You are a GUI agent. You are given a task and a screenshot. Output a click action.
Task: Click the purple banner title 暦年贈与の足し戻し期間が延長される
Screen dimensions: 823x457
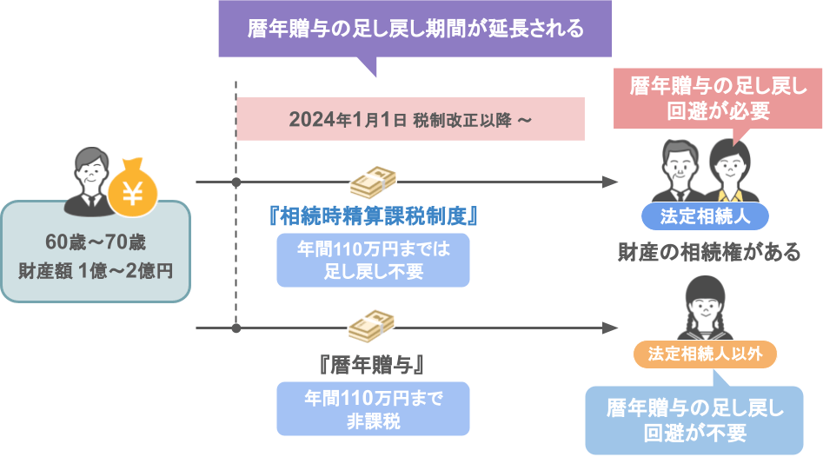(415, 29)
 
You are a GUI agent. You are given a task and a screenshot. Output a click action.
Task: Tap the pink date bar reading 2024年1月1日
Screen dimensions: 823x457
(410, 119)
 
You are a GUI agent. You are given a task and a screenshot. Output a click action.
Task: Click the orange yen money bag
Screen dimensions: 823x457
(133, 188)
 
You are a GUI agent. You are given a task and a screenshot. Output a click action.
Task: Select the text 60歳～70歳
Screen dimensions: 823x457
(96, 242)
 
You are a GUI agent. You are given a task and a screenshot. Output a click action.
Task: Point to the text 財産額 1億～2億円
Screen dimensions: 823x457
(96, 271)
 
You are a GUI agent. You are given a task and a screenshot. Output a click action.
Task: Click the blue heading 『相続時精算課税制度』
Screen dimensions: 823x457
(373, 215)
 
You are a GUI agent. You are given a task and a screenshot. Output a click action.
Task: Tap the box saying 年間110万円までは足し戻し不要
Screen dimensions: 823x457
(373, 261)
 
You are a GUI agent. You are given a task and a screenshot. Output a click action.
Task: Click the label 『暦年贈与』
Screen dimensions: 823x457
(372, 365)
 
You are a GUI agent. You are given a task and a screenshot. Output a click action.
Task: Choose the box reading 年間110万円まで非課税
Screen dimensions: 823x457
(373, 408)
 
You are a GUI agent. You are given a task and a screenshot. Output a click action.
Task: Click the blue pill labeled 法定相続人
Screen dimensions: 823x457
(705, 216)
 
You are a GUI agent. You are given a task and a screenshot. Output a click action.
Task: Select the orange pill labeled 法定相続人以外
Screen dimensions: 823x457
(705, 354)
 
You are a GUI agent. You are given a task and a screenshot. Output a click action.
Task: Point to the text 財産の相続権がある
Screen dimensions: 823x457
(709, 252)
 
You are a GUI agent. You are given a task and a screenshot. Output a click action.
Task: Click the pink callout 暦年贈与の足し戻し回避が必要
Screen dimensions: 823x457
(718, 98)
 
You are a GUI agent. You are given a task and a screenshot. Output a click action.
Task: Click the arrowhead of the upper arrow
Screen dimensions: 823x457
(610, 182)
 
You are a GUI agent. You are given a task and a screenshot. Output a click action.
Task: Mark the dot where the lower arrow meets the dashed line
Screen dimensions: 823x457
(236, 328)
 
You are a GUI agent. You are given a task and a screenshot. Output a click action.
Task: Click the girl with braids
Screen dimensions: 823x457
(705, 308)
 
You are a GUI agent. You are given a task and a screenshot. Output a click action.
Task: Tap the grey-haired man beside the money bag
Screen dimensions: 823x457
(90, 181)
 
